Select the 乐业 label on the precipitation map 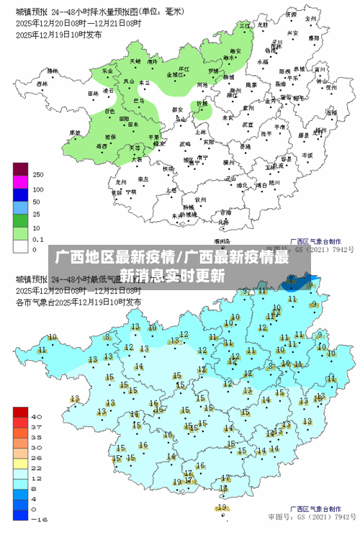(x=108, y=71)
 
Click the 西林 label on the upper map (x=42, y=84)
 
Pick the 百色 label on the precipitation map (x=109, y=112)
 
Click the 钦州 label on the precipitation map (x=201, y=199)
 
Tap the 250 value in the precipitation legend (x=38, y=175)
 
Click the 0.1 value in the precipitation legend (x=38, y=238)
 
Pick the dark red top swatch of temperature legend (x=20, y=412)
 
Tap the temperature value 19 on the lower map (x=222, y=507)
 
